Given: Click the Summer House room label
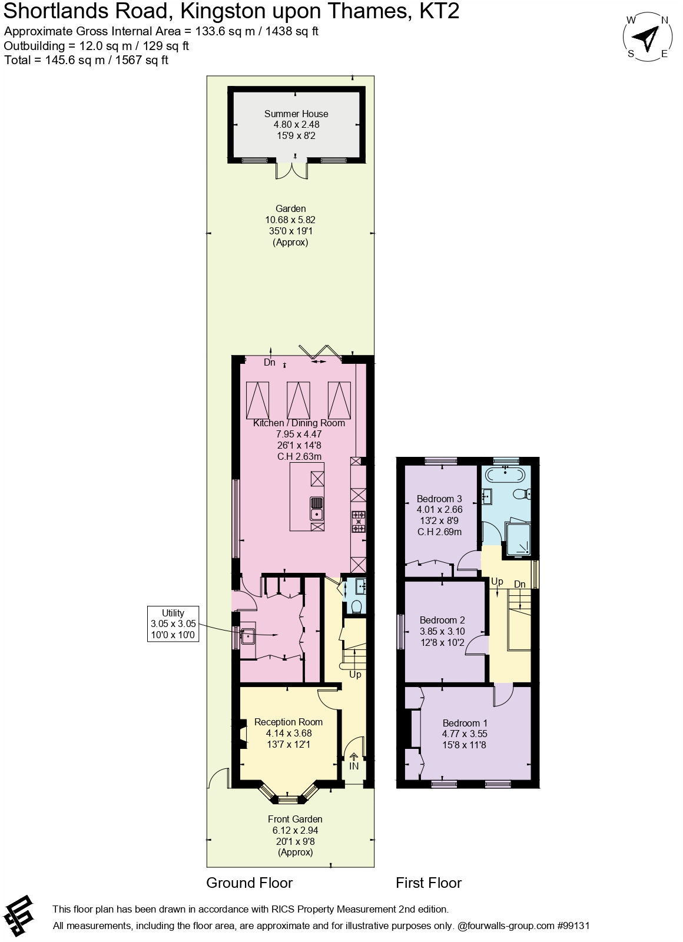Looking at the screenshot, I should (296, 114).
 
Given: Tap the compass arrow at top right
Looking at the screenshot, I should (648, 39).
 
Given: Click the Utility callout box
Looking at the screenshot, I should (173, 624).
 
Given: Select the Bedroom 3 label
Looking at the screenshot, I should (439, 499).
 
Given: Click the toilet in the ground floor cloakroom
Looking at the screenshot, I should (356, 606).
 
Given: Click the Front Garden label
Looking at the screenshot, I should (295, 819).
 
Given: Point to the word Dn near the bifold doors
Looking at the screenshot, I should (270, 363).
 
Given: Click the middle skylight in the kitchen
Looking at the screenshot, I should (299, 400).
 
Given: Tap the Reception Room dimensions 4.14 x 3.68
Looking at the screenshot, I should (289, 733).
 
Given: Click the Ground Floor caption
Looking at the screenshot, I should (249, 883).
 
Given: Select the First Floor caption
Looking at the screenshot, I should (429, 883).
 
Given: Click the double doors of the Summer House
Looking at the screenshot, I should (292, 170).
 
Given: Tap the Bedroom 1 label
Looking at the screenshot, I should (465, 723).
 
